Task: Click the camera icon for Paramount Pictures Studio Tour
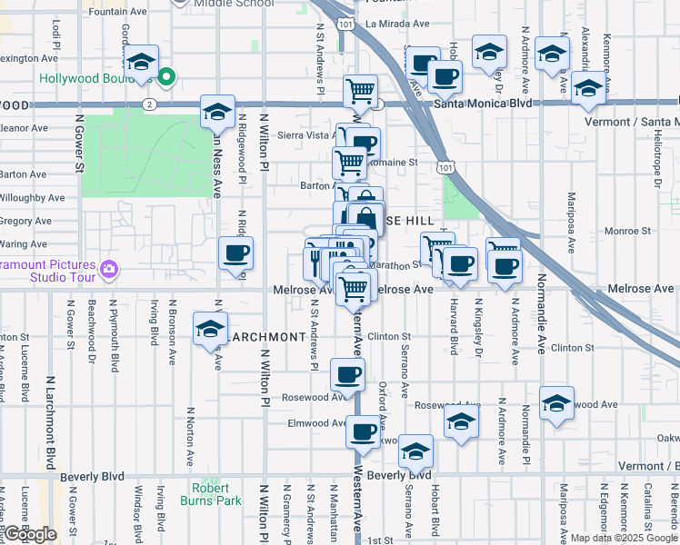(110, 269)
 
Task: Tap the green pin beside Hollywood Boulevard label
(165, 78)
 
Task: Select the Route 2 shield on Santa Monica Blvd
(146, 104)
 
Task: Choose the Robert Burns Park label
(216, 493)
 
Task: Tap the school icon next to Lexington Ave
(141, 62)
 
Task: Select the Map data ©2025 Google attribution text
(622, 538)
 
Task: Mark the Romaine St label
(398, 163)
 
